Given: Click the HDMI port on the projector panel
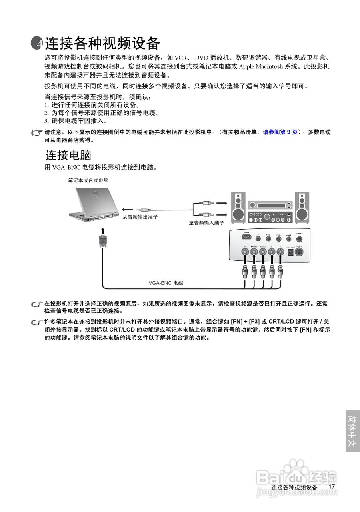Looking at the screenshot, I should coord(247,238).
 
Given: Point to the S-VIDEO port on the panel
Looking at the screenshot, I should coord(299,238).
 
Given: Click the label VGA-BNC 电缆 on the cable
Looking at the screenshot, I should coord(166,283).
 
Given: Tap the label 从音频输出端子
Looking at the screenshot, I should coord(140,217).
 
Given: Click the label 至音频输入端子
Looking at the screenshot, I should coord(206,222).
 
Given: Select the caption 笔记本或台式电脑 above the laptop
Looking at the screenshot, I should coord(88,180).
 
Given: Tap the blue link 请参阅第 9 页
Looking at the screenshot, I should coord(280,132).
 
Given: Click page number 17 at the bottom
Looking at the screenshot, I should coord(331,487).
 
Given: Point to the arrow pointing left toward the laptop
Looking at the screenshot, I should coord(128,209).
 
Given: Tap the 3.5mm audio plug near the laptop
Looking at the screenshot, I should coord(144,209).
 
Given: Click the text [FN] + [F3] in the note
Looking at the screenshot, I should coord(245,322).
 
